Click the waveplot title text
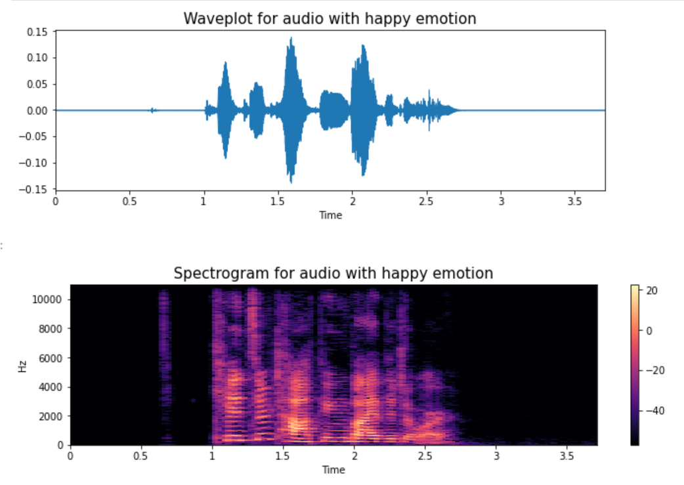point(330,18)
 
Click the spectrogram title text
point(333,273)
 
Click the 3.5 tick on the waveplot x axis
point(575,201)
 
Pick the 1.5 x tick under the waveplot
point(278,201)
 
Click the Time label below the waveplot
point(330,215)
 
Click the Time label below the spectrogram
point(333,470)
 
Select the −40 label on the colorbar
point(652,411)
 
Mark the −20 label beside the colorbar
point(652,371)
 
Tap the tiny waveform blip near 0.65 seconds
point(152,110)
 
